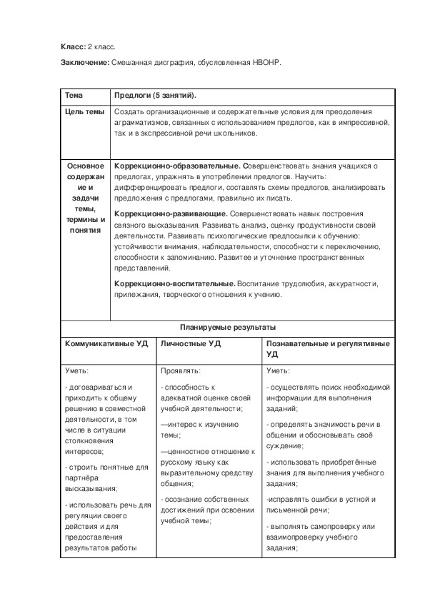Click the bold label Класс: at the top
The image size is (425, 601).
(73, 46)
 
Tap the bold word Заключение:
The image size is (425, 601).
(85, 64)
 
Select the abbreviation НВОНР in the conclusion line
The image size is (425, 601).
(266, 64)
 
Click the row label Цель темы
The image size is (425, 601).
(85, 112)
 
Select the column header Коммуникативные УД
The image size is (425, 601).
(106, 343)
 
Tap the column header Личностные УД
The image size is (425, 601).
(191, 343)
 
